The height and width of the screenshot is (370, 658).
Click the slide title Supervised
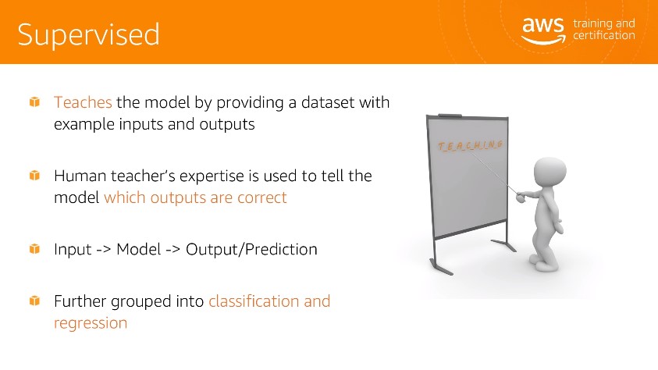(x=88, y=35)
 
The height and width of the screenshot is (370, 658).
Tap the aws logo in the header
(x=543, y=30)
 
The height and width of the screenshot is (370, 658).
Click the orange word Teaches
(x=83, y=102)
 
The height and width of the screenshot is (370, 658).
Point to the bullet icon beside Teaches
(x=34, y=102)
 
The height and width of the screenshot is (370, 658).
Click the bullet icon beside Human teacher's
(x=34, y=176)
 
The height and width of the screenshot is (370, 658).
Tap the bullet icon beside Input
(x=34, y=249)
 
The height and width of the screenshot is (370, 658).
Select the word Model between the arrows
(x=138, y=249)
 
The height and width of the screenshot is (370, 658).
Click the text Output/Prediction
(x=251, y=249)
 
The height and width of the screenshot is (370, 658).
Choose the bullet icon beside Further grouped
(x=34, y=301)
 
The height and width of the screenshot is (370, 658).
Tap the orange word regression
(x=91, y=323)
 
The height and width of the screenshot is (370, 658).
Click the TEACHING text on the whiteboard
(x=470, y=145)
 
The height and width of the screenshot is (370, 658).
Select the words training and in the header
(x=604, y=24)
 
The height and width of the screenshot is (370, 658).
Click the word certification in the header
(x=604, y=36)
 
